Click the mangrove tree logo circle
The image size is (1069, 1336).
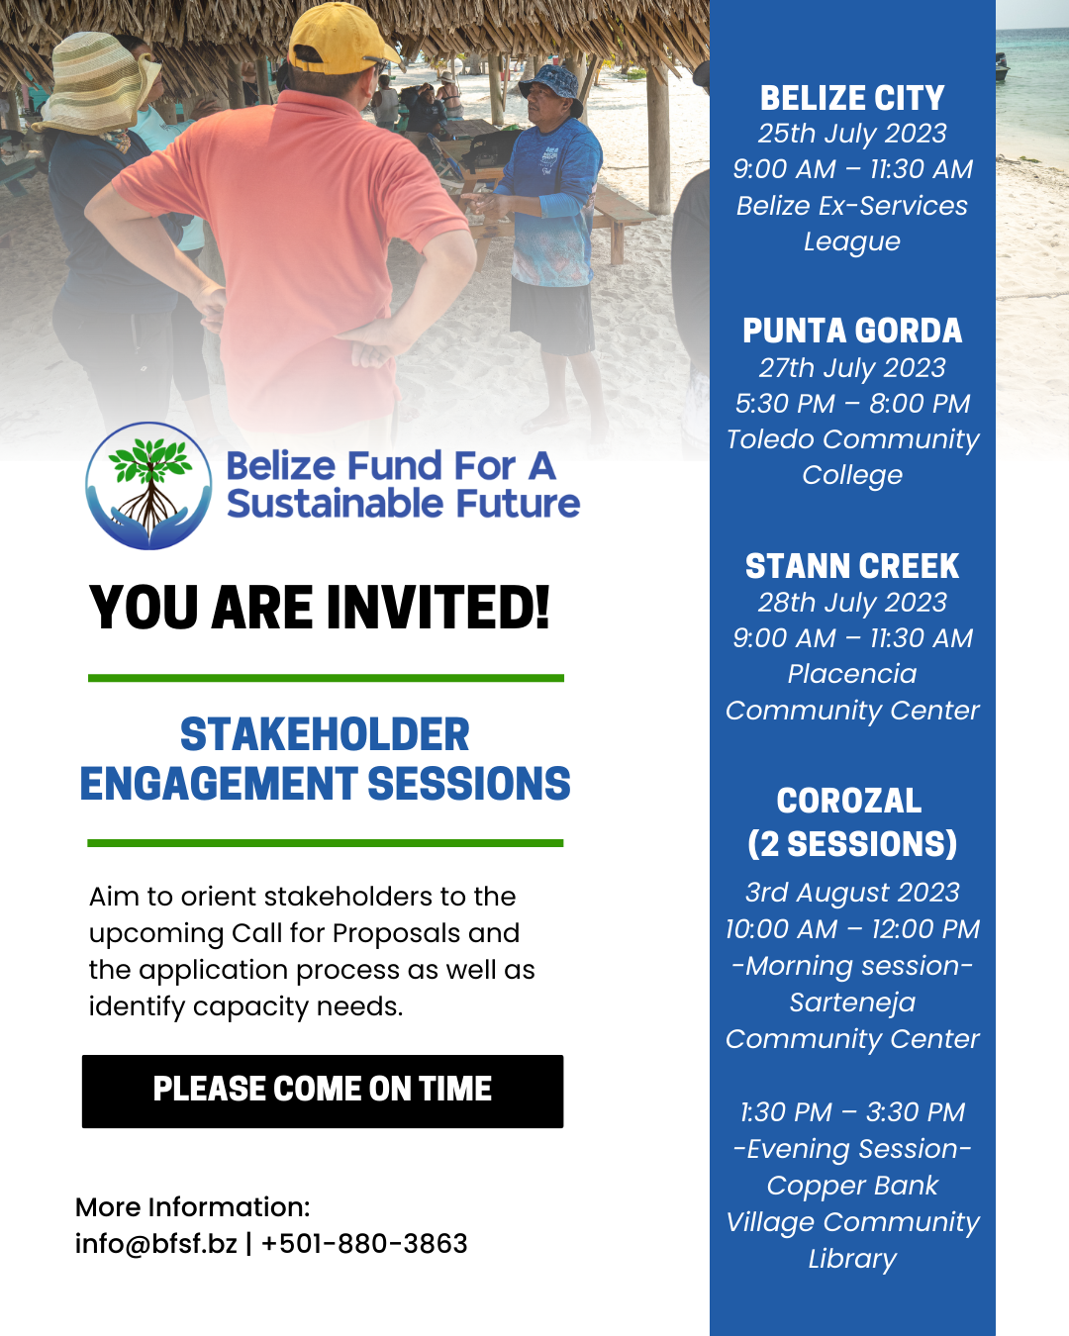coord(148,486)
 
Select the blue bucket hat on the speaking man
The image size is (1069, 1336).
coord(551,87)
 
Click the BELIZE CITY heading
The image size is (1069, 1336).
coord(852,98)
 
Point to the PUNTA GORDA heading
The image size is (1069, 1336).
coord(852,331)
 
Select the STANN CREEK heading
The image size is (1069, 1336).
coord(852,566)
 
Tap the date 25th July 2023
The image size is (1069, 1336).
coord(852,134)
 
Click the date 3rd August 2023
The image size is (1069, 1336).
coord(852,893)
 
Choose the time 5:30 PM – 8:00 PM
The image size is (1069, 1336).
coord(852,404)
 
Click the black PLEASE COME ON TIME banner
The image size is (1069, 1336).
coord(323,1091)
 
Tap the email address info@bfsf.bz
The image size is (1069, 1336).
coord(156,1244)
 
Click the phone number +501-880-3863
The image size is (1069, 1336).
coord(364,1244)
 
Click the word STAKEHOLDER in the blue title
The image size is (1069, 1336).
coord(325,734)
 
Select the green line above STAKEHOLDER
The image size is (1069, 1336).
coord(326,678)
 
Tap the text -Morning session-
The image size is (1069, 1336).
coord(852,966)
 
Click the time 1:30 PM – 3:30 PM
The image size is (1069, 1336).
coord(852,1112)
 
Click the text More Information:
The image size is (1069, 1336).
coord(193,1207)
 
